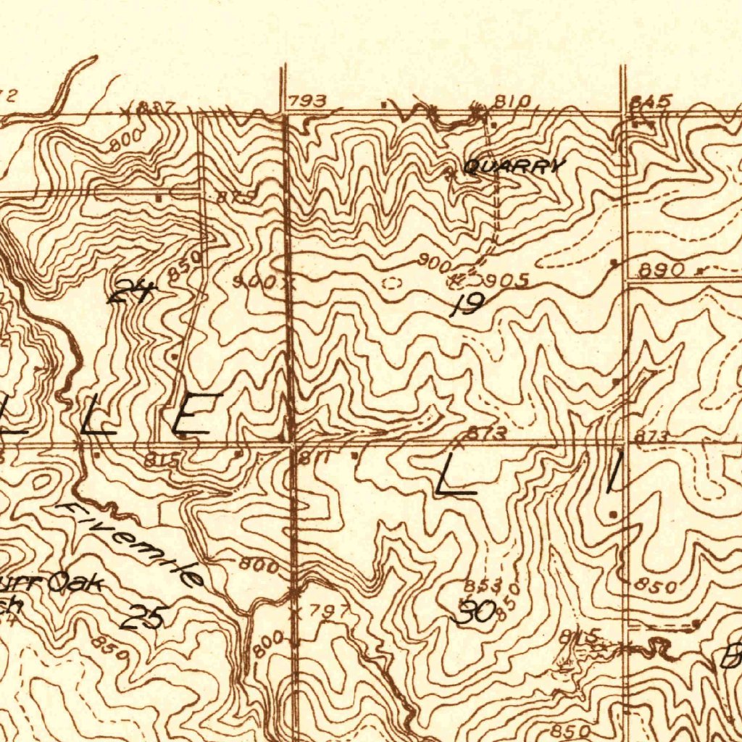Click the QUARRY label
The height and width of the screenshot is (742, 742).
[514, 167]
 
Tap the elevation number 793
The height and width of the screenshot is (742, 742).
[307, 101]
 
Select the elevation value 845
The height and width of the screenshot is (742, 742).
[651, 101]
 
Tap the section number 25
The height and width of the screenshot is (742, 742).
[145, 617]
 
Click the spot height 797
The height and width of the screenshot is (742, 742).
[319, 611]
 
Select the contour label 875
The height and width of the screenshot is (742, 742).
[237, 197]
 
